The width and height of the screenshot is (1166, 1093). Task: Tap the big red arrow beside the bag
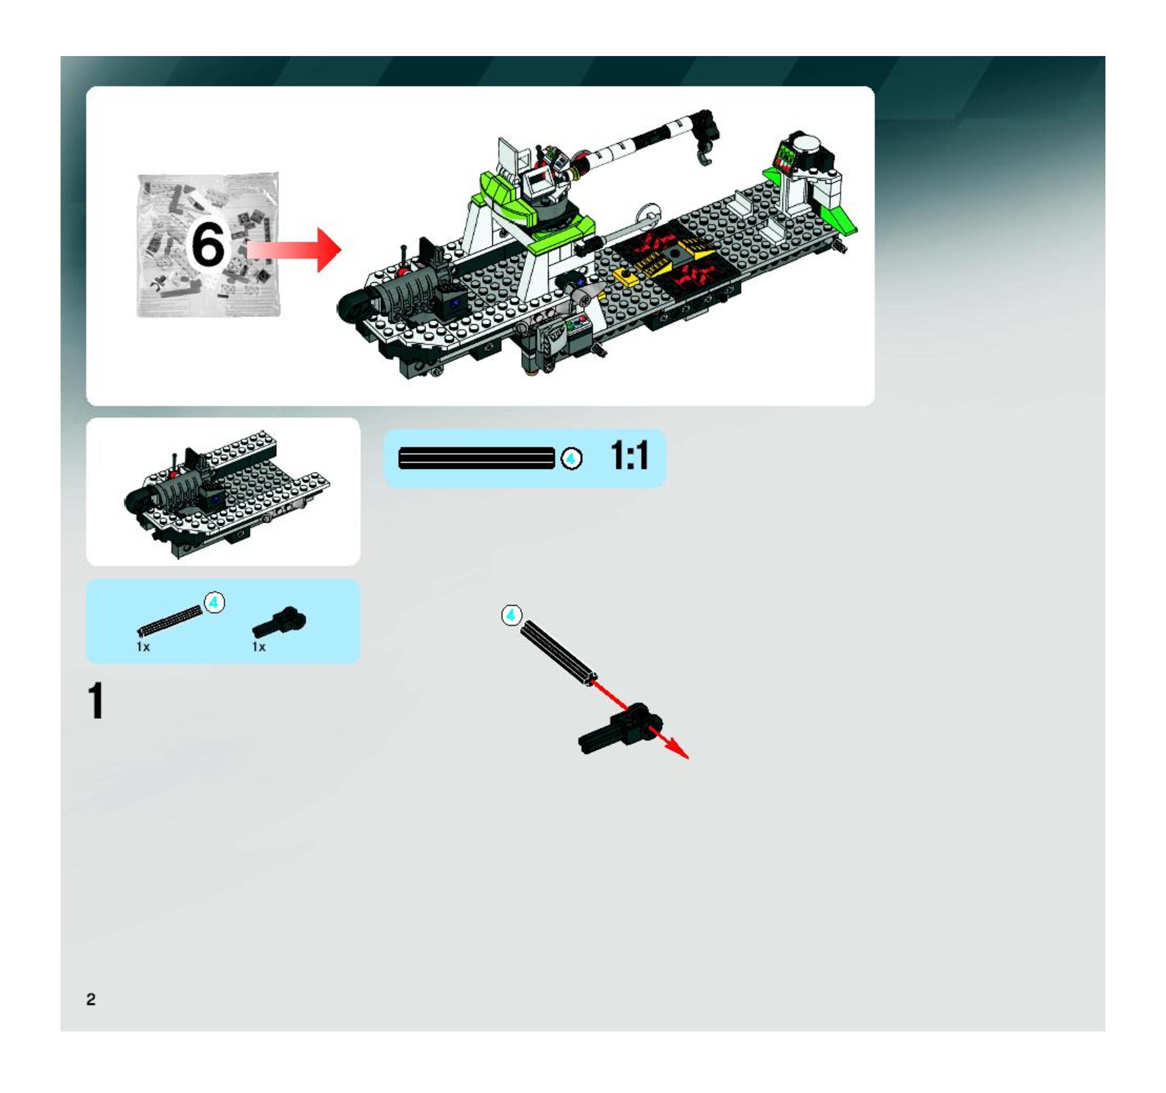pyautogui.click(x=294, y=250)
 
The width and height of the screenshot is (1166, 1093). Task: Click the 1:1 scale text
pyautogui.click(x=630, y=455)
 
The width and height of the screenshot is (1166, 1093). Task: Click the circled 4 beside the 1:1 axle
pyautogui.click(x=571, y=459)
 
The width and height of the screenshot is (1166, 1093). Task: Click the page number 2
pyautogui.click(x=91, y=999)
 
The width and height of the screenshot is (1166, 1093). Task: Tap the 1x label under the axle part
pyautogui.click(x=144, y=647)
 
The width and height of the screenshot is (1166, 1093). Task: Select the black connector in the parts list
pyautogui.click(x=280, y=623)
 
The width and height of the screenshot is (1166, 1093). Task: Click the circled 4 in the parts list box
pyautogui.click(x=215, y=602)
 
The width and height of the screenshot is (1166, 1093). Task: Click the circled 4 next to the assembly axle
pyautogui.click(x=511, y=615)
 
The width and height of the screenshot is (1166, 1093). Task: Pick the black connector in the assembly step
pyautogui.click(x=620, y=729)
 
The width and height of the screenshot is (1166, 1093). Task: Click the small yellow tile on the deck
pyautogui.click(x=626, y=277)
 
